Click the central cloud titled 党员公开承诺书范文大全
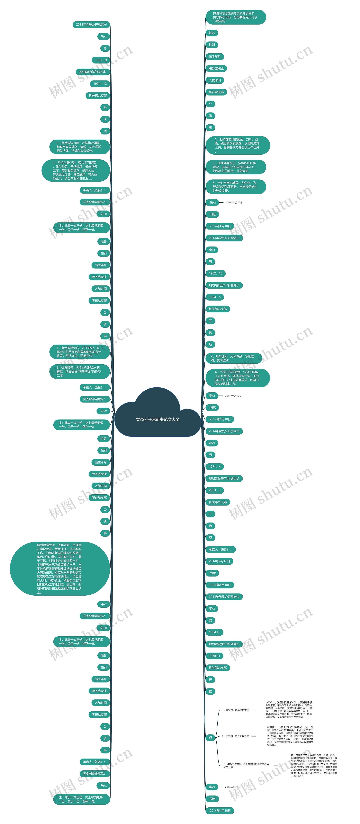coord(157,419)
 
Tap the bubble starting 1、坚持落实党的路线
coord(237,145)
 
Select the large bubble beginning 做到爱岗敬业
coord(60,568)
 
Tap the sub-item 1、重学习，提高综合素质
coord(236,710)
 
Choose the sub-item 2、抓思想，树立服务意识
coord(236,736)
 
